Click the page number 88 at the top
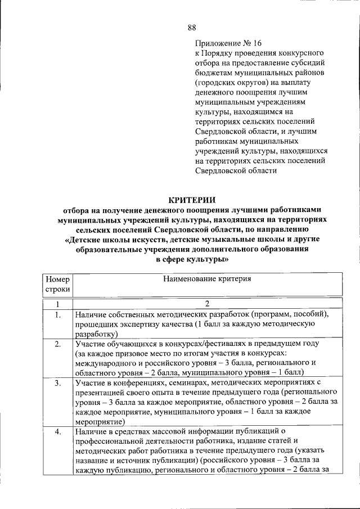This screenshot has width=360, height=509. click(x=191, y=27)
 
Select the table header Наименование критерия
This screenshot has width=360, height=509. click(x=206, y=278)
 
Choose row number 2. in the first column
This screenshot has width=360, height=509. click(x=58, y=344)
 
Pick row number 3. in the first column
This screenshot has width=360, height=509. click(x=58, y=383)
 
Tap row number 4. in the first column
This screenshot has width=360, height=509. click(x=58, y=432)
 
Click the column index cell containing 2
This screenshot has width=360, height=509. click(x=207, y=304)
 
